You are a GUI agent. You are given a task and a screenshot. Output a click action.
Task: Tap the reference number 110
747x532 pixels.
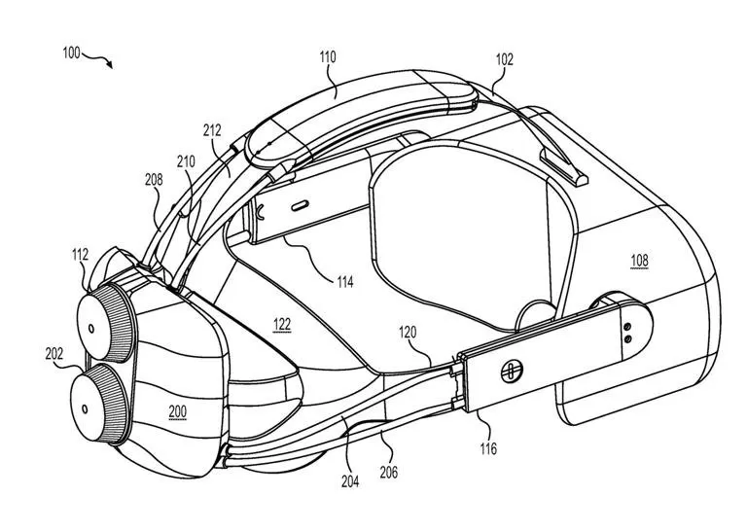point(327,57)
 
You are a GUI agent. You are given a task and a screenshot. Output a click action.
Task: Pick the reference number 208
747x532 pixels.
point(154,180)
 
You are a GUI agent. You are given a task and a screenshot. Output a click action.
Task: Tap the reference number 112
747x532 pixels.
point(80,255)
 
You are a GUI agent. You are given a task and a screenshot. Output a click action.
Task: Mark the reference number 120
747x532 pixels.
point(407,333)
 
